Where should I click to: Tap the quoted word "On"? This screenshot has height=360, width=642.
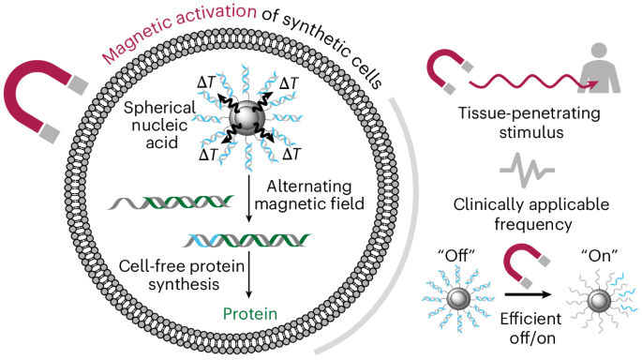[590, 256]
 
